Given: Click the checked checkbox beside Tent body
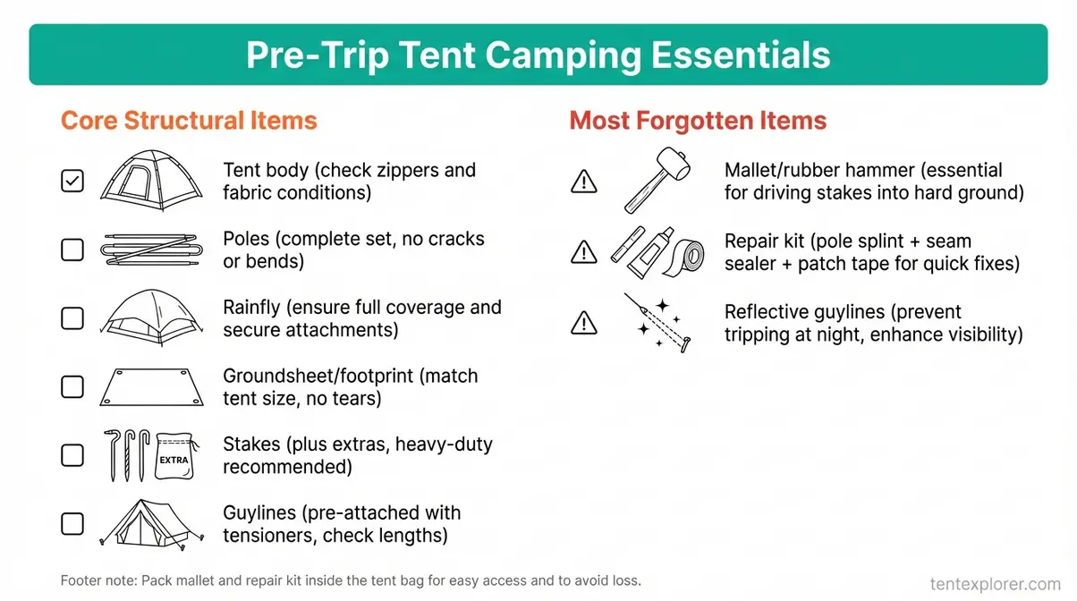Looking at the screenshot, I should pyautogui.click(x=72, y=182).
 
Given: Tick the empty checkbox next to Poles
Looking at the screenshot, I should pyautogui.click(x=72, y=250).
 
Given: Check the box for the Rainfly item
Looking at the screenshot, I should pyautogui.click(x=72, y=318).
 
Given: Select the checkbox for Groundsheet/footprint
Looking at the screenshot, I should pyautogui.click(x=72, y=387).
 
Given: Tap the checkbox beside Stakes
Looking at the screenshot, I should pyautogui.click(x=72, y=455).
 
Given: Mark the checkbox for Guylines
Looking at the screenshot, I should pyautogui.click(x=72, y=524).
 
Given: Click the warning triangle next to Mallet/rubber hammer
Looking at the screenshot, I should pyautogui.click(x=583, y=182).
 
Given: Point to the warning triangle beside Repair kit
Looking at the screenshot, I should pyautogui.click(x=583, y=253).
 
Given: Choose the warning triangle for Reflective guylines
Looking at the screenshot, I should pyautogui.click(x=583, y=322).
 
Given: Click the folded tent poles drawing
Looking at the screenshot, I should pyautogui.click(x=148, y=250).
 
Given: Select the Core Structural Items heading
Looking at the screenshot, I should pyautogui.click(x=189, y=121).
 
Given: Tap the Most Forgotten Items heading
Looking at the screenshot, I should pyautogui.click(x=698, y=121).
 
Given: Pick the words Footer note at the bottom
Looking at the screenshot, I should pyautogui.click(x=98, y=580).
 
